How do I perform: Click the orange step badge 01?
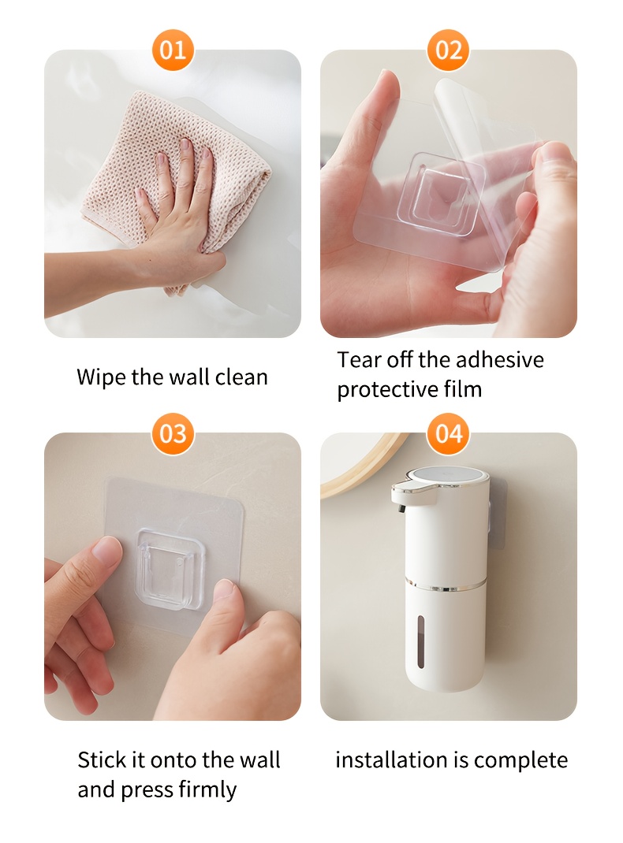point(173,50)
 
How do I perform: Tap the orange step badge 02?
point(449,50)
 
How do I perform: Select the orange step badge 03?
point(173,433)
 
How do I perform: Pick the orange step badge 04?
point(449,433)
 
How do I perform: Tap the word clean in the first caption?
point(241,377)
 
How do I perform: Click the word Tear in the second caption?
point(355,360)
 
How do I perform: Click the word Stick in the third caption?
point(104,760)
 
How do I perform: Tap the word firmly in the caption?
point(207,790)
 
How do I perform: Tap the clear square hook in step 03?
point(170,570)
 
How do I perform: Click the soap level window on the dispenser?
point(420,642)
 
